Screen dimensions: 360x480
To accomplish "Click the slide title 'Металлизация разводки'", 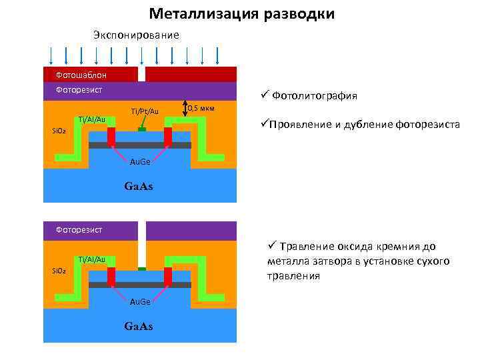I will (x=242, y=14).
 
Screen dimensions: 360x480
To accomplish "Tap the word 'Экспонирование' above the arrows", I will (x=136, y=35).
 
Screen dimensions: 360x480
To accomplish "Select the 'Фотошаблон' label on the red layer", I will (x=81, y=75).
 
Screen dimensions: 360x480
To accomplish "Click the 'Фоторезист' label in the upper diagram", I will (x=79, y=89).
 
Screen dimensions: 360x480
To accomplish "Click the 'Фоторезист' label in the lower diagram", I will (x=79, y=229).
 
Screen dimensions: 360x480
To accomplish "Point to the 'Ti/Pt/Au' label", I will (x=145, y=111).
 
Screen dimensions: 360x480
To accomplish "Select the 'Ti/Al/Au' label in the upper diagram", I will (x=92, y=119).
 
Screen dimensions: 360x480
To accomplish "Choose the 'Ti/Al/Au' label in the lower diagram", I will (x=92, y=259).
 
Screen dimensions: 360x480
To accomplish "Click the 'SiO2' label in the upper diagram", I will (x=59, y=131).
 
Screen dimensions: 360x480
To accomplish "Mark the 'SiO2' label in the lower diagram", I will (x=59, y=271).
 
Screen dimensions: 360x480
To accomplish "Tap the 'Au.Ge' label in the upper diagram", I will (x=140, y=162).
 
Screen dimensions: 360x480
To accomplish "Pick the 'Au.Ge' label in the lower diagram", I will (x=140, y=302).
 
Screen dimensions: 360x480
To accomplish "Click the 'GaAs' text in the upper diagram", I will (x=139, y=186).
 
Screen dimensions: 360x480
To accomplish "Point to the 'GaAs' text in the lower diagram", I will (x=139, y=326).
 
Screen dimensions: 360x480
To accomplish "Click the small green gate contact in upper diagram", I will (x=141, y=129).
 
